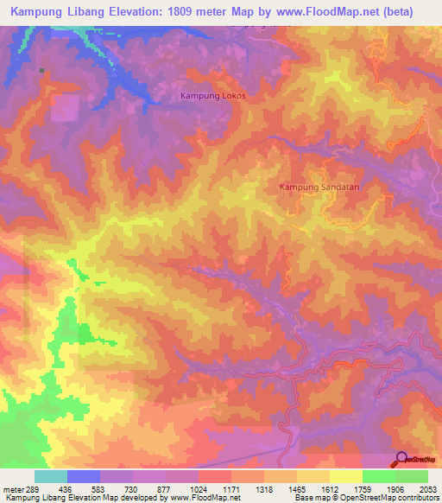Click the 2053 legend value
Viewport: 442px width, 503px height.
point(426,489)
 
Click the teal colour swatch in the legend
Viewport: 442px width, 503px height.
point(51,476)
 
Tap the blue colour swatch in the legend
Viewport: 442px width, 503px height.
point(84,476)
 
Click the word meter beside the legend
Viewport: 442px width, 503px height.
point(13,489)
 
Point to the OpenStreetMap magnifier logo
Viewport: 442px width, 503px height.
point(400,459)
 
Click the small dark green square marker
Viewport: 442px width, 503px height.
point(41,71)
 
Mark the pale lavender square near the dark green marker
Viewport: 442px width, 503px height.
point(63,108)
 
